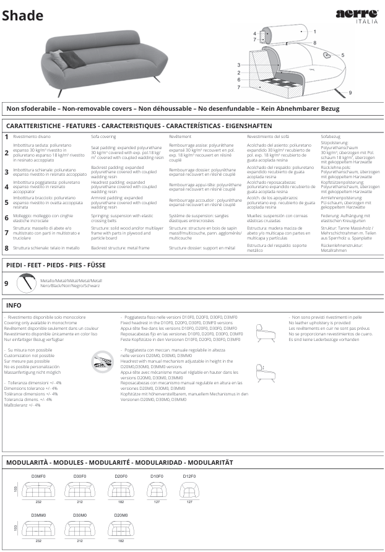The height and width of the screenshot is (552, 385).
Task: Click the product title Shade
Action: (x=22, y=16)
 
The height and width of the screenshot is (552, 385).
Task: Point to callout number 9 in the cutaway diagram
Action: (x=350, y=92)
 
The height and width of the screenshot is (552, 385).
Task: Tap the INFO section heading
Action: (x=14, y=305)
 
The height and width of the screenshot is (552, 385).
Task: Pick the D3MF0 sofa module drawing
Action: (x=38, y=489)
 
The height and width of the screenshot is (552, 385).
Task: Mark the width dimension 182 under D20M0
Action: (x=121, y=540)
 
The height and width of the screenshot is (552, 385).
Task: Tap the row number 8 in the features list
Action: (x=6, y=248)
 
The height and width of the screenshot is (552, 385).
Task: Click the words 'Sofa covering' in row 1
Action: (x=103, y=136)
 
